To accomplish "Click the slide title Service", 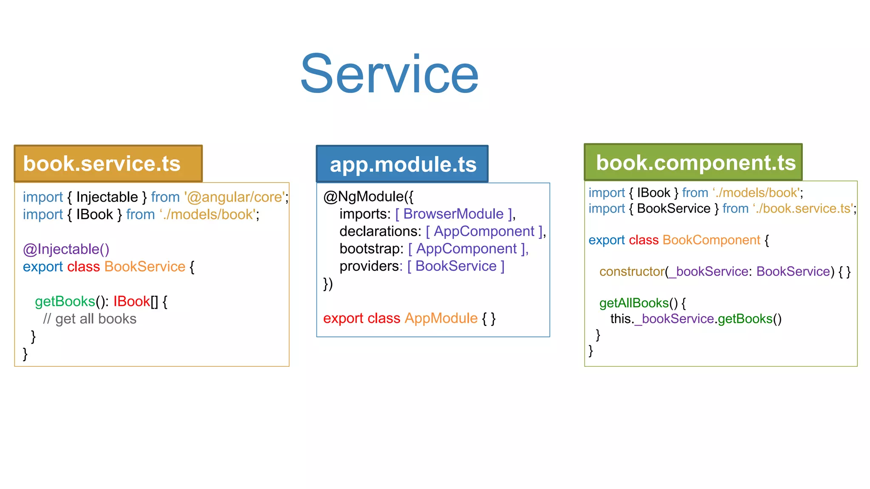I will tap(389, 74).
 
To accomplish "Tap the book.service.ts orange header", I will tap(108, 164).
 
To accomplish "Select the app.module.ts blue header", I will tap(402, 164).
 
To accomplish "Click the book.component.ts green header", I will tap(693, 163).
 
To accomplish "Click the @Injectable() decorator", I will tap(66, 249).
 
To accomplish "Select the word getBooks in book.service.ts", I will tap(65, 301).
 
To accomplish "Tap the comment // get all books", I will tap(90, 319).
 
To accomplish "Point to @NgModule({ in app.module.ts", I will tap(368, 197).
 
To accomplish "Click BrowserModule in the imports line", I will tap(453, 214).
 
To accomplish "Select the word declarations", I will tap(379, 231).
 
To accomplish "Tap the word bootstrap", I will tap(370, 249).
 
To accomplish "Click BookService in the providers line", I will tap(456, 266).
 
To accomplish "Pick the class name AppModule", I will tap(441, 318).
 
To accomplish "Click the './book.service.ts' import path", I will tap(803, 208).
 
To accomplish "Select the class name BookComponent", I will tap(711, 240).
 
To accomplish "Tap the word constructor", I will tap(632, 271).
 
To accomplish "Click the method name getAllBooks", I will tap(634, 303).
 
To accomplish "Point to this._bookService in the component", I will tap(662, 319).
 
